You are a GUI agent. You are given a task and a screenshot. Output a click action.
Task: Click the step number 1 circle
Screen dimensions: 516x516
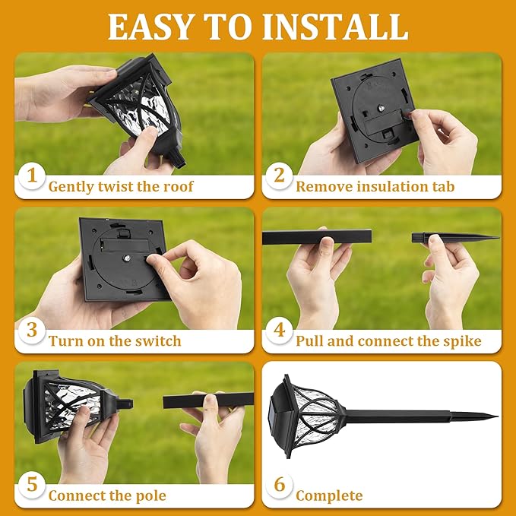click(31, 176)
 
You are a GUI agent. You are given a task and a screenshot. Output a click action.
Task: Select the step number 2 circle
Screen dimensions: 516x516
click(279, 176)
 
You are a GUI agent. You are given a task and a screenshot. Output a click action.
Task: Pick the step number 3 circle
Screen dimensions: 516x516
click(31, 331)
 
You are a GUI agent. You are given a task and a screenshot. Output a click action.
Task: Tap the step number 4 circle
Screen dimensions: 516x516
click(279, 331)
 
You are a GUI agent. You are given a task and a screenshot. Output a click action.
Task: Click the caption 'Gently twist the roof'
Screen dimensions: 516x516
click(121, 186)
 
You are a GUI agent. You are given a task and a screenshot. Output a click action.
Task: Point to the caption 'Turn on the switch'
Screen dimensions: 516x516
click(115, 341)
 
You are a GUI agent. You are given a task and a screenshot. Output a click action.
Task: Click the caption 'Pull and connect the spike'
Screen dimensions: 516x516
click(388, 341)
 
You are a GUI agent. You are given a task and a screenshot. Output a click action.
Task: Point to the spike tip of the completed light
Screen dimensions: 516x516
click(486, 416)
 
